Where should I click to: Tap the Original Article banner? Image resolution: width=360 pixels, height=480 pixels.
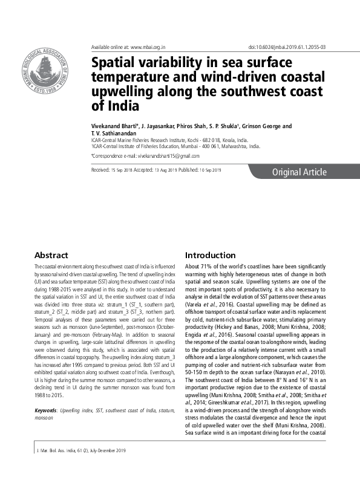click(x=299, y=172)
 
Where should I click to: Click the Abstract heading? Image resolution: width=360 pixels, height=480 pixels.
click(x=51, y=256)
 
